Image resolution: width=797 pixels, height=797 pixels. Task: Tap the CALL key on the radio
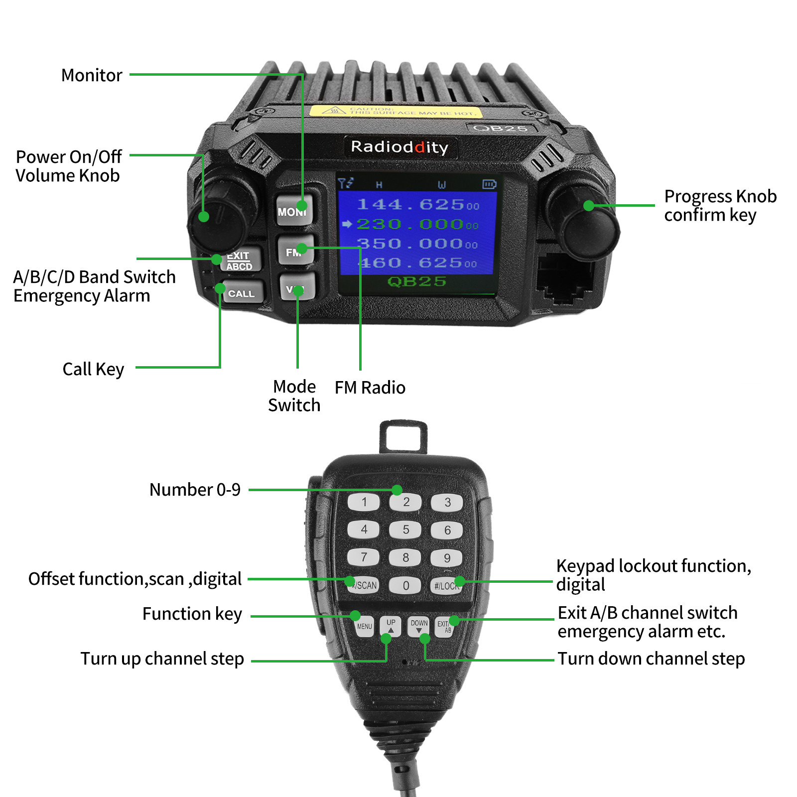point(242,293)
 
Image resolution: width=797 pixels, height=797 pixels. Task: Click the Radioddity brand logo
point(399,147)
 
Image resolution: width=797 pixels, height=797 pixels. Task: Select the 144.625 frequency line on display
point(417,204)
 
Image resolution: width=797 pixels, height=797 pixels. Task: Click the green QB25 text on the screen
point(416,281)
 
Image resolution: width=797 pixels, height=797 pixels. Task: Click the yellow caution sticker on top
point(396,111)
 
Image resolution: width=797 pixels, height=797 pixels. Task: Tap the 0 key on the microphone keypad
point(405,585)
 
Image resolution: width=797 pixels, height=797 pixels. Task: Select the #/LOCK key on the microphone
point(446,586)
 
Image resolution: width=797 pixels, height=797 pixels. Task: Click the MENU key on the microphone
point(365,627)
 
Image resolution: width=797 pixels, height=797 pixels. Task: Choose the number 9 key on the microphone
point(447,558)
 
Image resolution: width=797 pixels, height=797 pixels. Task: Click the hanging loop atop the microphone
point(403,437)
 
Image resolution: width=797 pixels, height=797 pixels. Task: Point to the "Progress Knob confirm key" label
point(720,205)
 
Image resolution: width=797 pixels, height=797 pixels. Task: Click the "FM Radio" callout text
point(370,388)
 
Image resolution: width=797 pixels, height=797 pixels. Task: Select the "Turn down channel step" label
point(651,659)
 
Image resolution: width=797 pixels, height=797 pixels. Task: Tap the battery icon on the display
point(489,185)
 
